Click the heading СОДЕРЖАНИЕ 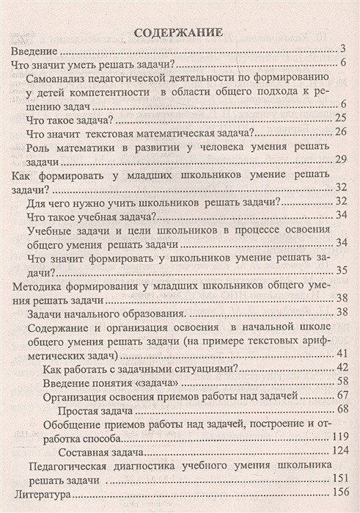click(x=180, y=32)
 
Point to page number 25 click(x=339, y=118)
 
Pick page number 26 click(x=339, y=132)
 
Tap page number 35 click(x=339, y=272)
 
